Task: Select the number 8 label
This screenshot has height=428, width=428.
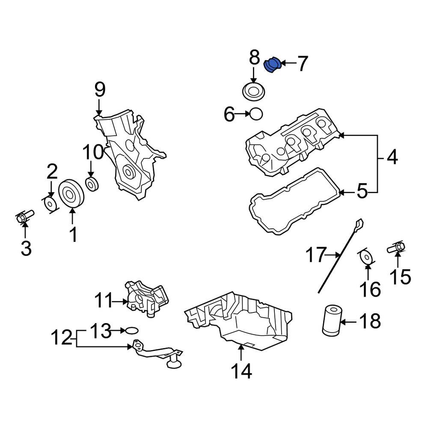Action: coord(254,57)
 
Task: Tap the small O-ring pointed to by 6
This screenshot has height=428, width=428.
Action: coord(256,114)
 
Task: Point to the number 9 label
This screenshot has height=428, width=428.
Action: coord(99,89)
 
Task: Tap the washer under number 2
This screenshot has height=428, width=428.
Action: coord(51,204)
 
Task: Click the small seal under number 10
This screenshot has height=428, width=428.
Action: coord(92,184)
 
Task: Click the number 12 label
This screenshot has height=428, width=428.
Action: coord(60,338)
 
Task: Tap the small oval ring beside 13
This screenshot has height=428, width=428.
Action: coord(132,330)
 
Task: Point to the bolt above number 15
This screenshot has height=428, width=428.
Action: coord(396,247)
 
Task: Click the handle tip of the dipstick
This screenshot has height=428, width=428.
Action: coord(359,223)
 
